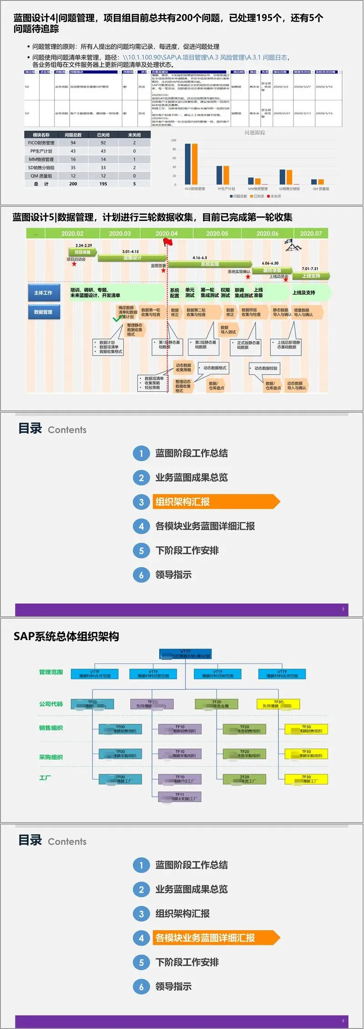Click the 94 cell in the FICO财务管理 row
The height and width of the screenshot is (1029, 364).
tap(73, 143)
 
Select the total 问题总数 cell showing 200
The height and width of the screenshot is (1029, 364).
tap(73, 184)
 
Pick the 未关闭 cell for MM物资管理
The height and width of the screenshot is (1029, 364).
tap(134, 159)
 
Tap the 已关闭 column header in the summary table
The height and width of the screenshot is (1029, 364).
tap(103, 135)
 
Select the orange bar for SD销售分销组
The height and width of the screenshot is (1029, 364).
tap(289, 178)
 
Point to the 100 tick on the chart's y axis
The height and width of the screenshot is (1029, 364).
tap(173, 140)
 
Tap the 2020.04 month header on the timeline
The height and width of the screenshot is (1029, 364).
tap(167, 233)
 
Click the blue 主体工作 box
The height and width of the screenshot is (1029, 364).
tap(43, 293)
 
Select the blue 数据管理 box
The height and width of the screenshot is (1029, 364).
tap(43, 312)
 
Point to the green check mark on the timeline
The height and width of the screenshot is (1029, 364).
tap(117, 319)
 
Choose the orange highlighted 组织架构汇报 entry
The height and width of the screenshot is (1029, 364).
tap(216, 502)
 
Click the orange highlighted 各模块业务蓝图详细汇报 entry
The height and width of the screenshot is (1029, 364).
tap(216, 937)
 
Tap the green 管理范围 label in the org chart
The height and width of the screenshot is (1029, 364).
tap(51, 672)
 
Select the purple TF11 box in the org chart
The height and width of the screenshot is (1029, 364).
tap(180, 796)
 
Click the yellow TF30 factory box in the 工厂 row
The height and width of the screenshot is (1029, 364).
tap(306, 779)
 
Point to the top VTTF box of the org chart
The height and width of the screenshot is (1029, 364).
tap(186, 654)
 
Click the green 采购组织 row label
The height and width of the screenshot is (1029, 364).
tap(51, 757)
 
